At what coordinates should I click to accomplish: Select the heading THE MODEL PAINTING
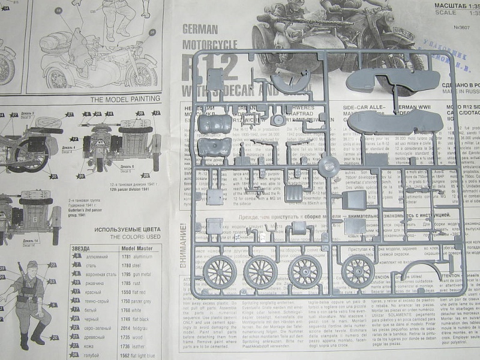[x=125, y=98]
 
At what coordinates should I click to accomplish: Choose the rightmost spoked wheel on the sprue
[x=358, y=273]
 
